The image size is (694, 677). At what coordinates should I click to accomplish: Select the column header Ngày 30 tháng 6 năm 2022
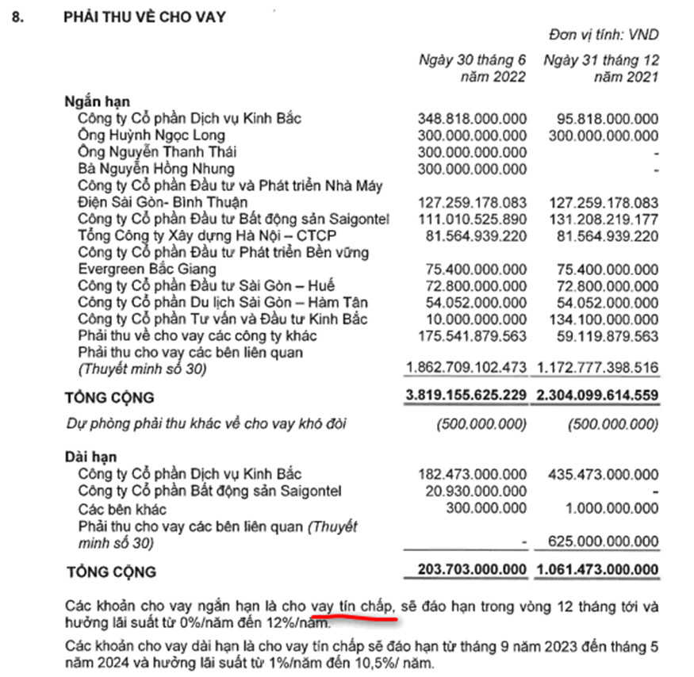(x=473, y=69)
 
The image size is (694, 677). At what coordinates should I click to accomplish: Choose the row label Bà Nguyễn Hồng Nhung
(x=156, y=169)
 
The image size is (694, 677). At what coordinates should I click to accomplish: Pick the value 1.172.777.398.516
(x=600, y=369)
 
